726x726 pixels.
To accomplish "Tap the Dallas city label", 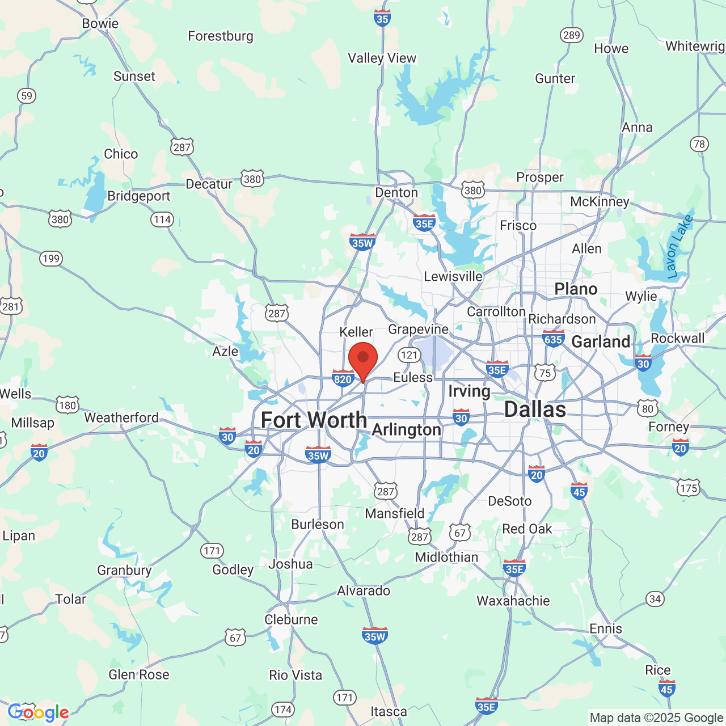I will (535, 410).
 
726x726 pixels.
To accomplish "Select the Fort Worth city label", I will (314, 420).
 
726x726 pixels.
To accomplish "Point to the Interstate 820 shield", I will (343, 378).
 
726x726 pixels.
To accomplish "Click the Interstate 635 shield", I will (553, 339).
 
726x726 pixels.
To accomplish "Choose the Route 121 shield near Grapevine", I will (409, 355).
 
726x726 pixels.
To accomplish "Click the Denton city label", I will (396, 193).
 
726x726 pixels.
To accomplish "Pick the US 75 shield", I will (545, 373).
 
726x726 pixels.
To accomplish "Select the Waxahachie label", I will (513, 601).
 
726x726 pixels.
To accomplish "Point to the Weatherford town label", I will (121, 418).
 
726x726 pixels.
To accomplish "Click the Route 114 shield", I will (162, 220).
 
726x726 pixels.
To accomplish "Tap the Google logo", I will (39, 712).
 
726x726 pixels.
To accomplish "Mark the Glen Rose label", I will (139, 675).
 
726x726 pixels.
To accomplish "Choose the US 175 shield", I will (689, 488).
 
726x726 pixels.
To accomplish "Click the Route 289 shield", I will (571, 35).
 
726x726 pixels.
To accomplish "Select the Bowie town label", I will (100, 24).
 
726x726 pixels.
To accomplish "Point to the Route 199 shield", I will (50, 259).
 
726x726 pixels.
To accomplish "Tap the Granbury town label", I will (124, 571).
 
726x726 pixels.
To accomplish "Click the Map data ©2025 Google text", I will (656, 717).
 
